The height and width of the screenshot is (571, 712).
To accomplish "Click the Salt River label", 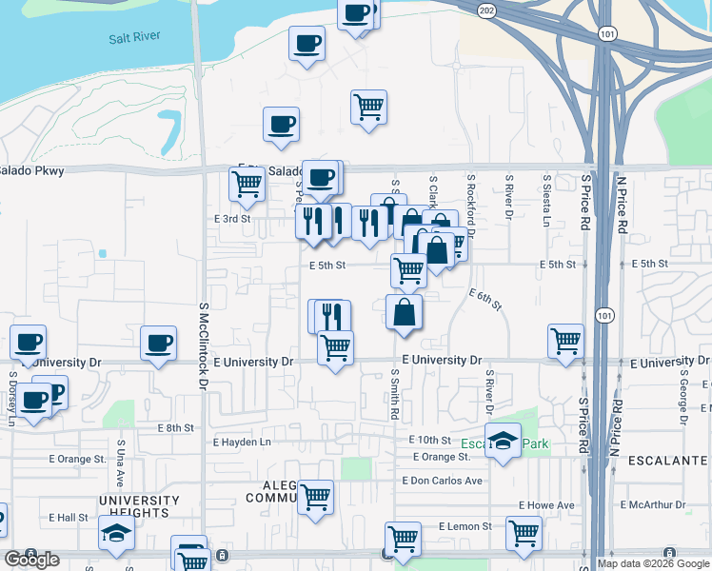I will click(134, 36).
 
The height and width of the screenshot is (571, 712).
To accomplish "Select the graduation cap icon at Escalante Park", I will click(503, 441).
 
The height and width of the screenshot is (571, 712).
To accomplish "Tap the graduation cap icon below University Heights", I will click(116, 535).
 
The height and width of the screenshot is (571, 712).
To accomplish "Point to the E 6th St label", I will click(485, 300).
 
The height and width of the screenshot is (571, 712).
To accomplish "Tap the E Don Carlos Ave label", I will click(443, 481).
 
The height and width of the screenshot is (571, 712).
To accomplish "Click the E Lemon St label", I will click(465, 525).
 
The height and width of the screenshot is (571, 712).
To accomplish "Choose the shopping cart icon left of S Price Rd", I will click(565, 341).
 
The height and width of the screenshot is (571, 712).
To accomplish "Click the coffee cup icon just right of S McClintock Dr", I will click(158, 343).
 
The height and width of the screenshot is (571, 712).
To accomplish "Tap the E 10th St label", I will click(429, 440).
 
